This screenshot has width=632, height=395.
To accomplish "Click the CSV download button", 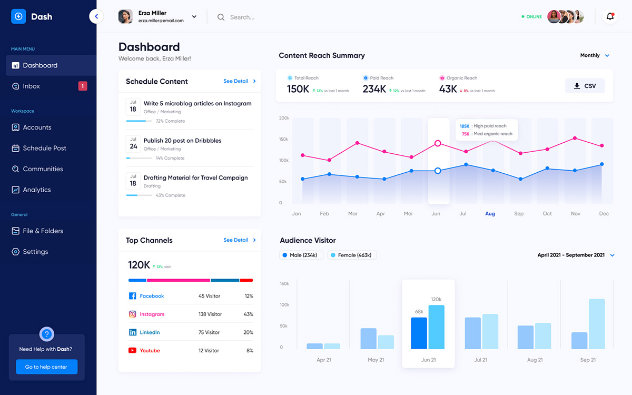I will click(585, 86).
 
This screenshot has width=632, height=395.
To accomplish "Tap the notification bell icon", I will click(610, 17).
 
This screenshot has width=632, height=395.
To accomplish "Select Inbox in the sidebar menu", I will click(32, 86).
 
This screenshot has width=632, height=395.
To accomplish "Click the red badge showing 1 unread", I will click(83, 86).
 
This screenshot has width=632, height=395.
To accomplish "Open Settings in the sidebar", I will click(35, 252).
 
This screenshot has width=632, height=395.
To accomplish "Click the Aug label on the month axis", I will click(490, 214).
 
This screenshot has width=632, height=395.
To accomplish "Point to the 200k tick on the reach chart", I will click(284, 118).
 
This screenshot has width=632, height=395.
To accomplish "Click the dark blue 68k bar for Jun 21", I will click(419, 333).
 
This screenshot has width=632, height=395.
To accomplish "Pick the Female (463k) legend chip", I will click(352, 255).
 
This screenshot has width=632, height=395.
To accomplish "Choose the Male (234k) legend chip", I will click(299, 255).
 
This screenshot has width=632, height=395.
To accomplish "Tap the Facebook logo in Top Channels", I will click(133, 296).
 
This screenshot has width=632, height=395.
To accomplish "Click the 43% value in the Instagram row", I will click(249, 314).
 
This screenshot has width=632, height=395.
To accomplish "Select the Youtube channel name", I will click(150, 351).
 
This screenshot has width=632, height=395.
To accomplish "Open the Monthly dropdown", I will click(595, 55).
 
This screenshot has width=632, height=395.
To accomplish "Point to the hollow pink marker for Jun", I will click(438, 143).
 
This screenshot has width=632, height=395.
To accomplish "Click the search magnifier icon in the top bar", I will click(221, 17).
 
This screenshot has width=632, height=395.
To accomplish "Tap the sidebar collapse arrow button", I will click(96, 17).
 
